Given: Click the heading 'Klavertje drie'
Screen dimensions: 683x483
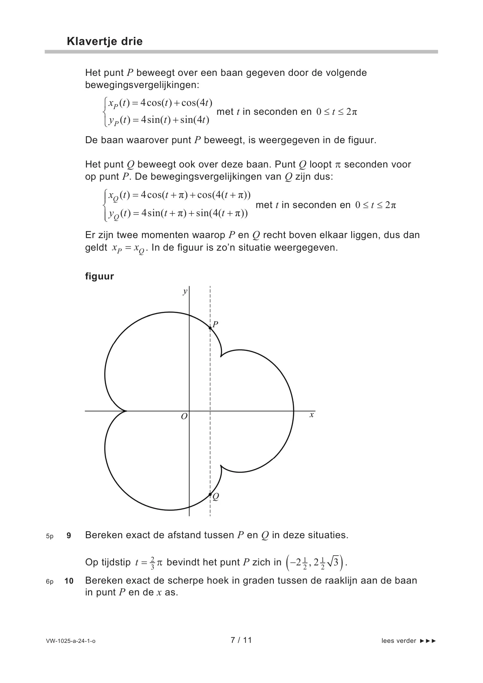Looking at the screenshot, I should point(105,41).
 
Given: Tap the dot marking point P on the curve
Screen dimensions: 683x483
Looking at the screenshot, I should point(210,328).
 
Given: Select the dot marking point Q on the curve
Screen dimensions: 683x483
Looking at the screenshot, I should point(210,494).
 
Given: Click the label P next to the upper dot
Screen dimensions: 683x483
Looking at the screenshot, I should point(215,324).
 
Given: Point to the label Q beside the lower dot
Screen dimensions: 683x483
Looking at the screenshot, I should point(216,496).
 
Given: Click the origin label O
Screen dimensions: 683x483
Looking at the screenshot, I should point(184,417).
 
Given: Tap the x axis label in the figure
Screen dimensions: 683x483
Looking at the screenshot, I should point(311,415).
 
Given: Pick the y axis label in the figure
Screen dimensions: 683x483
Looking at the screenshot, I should point(185,291).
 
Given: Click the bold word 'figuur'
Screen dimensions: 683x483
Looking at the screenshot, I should point(99,276).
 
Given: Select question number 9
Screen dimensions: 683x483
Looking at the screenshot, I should point(69,535).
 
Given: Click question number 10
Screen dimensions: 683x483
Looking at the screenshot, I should point(69,581).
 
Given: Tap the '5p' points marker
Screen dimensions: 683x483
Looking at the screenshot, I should point(49,536).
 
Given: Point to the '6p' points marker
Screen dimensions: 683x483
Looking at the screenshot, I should point(49,581).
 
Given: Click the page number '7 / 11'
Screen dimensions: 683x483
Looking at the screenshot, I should point(241,640).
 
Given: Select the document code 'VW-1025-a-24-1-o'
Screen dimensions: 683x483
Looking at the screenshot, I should point(71,641).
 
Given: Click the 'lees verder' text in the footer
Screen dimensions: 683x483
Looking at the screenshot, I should point(399,641).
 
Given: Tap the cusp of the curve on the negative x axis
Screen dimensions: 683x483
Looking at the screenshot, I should point(127,411).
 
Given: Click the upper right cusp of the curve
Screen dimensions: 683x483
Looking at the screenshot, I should point(221,357).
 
